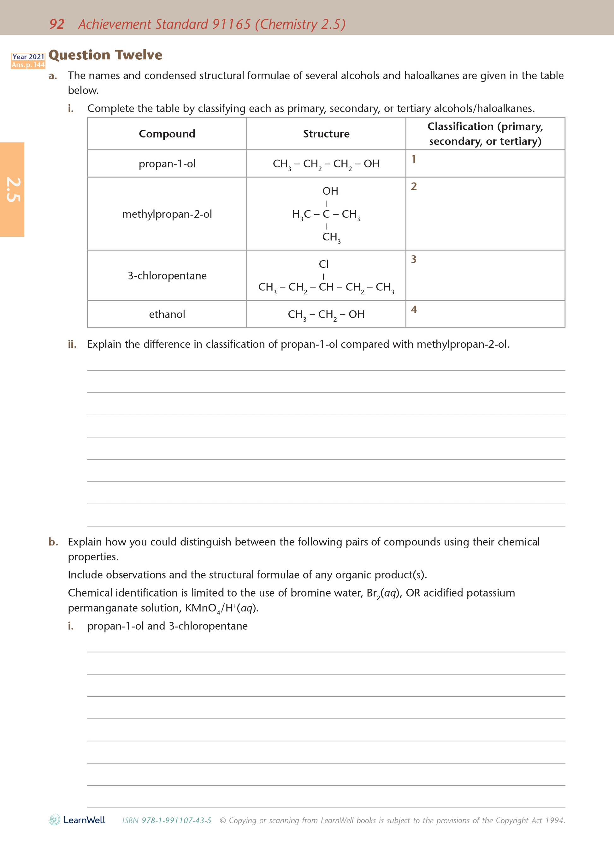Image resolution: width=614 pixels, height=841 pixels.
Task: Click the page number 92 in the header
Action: coord(57,24)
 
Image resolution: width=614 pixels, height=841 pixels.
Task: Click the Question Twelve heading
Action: coord(106,55)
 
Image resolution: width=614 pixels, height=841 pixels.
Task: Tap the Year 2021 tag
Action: coord(28,57)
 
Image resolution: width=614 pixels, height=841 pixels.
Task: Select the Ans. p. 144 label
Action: coord(28,65)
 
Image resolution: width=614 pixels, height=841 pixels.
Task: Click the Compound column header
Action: coord(167,134)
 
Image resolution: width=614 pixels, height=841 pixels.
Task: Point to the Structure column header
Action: coord(326,134)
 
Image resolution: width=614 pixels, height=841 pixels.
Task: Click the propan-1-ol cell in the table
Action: coord(167,164)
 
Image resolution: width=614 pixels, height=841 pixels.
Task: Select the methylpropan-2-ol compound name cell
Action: coord(167,214)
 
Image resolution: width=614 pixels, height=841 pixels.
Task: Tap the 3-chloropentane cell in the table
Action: coord(167,276)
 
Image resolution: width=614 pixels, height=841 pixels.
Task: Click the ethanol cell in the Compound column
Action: coord(167,314)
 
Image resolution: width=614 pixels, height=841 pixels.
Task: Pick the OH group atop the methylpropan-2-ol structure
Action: coord(330,191)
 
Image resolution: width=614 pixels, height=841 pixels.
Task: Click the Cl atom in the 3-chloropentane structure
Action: coord(323,264)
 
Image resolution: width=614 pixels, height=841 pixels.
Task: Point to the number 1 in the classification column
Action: coord(413,159)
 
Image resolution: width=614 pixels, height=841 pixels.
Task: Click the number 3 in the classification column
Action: coord(413,259)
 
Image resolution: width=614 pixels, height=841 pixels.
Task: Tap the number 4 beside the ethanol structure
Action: coord(413,309)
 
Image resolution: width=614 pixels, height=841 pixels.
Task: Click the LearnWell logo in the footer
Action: coord(77,820)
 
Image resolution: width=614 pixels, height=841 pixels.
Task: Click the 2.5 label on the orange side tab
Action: coord(13,190)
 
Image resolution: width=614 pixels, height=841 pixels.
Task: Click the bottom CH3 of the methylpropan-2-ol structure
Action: coord(331,237)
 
